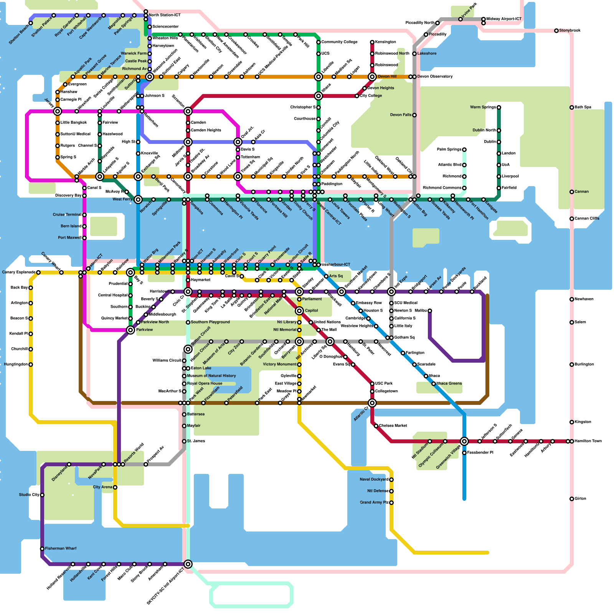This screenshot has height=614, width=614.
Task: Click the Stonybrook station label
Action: tap(569, 30)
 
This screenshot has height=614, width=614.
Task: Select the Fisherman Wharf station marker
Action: tap(42, 549)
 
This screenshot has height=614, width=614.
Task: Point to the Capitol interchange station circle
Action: tap(299, 311)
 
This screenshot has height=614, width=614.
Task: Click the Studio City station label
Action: tap(29, 495)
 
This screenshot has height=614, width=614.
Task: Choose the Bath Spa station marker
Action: tap(572, 107)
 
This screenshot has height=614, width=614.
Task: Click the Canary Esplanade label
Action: tap(19, 272)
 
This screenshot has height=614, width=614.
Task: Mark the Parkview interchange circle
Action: tap(130, 330)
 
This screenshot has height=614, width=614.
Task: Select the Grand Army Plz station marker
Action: tap(391, 503)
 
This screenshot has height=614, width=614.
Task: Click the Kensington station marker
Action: tap(372, 42)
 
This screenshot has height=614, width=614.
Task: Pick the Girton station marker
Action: tap(572, 499)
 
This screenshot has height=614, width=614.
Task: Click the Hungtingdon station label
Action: tap(16, 364)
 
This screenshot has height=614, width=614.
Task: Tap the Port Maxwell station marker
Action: tap(84, 238)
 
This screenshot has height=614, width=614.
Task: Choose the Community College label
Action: tap(339, 42)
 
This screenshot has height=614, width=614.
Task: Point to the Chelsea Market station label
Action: tap(393, 426)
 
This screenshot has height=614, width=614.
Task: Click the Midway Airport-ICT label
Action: tap(504, 19)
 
